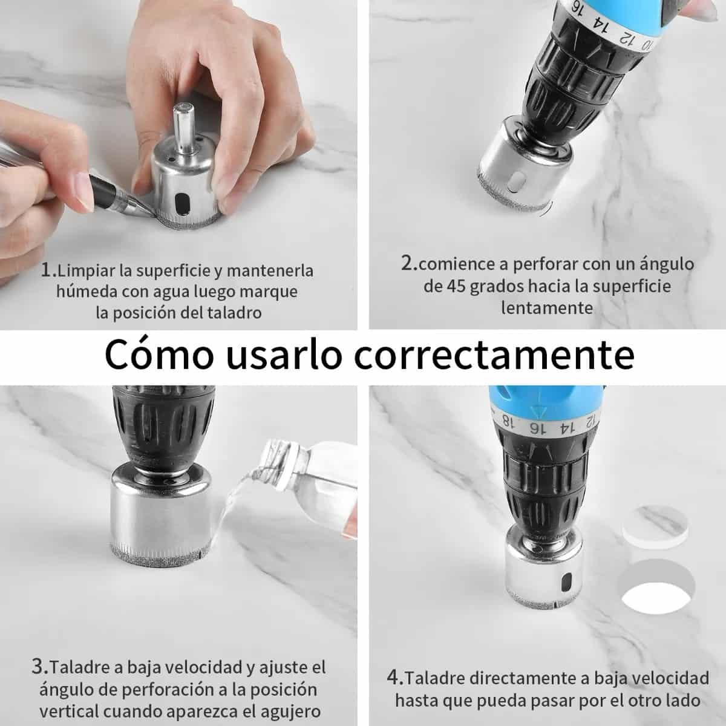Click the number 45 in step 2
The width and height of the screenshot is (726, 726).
(457, 286)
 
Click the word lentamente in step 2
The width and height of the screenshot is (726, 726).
(547, 308)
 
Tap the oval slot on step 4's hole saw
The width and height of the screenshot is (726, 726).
(565, 583)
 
